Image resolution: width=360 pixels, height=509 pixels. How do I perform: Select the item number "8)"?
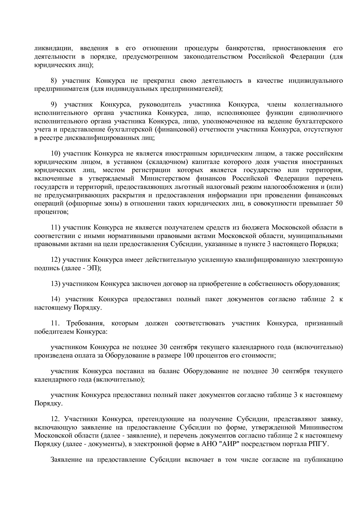pyautogui.click(x=55, y=80)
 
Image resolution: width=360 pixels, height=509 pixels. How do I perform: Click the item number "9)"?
pyautogui.click(x=55, y=104)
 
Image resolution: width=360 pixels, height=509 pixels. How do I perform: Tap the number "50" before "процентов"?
pyautogui.click(x=339, y=203)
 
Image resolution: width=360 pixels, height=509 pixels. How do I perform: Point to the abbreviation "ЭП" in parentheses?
pyautogui.click(x=92, y=268)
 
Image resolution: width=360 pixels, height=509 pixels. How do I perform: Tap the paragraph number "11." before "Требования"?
pyautogui.click(x=55, y=323)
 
